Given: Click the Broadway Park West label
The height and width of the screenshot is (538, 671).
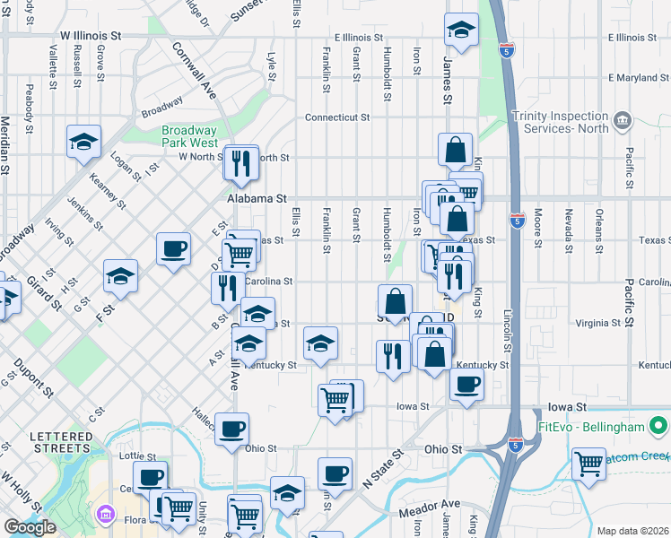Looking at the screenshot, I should pos(189,136).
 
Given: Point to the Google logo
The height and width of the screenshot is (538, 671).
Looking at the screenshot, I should pos(30,527).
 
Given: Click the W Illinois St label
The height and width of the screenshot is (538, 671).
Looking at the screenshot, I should pos(103,37).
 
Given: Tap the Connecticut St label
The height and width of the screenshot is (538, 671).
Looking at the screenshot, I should pos(337,117).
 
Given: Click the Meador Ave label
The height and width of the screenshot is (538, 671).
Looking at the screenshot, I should pos(430,503).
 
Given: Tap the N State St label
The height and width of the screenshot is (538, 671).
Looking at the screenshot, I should pos(379,470).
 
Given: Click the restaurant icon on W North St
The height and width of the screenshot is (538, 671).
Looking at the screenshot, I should pos(240,161).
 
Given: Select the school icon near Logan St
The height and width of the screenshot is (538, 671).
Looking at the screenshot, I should pos(83,142).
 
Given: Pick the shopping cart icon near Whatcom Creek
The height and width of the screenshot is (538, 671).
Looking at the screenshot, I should pos(588,464).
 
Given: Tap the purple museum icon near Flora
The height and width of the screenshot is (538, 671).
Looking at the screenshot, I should pos(106,516).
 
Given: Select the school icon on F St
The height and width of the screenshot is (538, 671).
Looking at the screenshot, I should pos(119,276).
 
